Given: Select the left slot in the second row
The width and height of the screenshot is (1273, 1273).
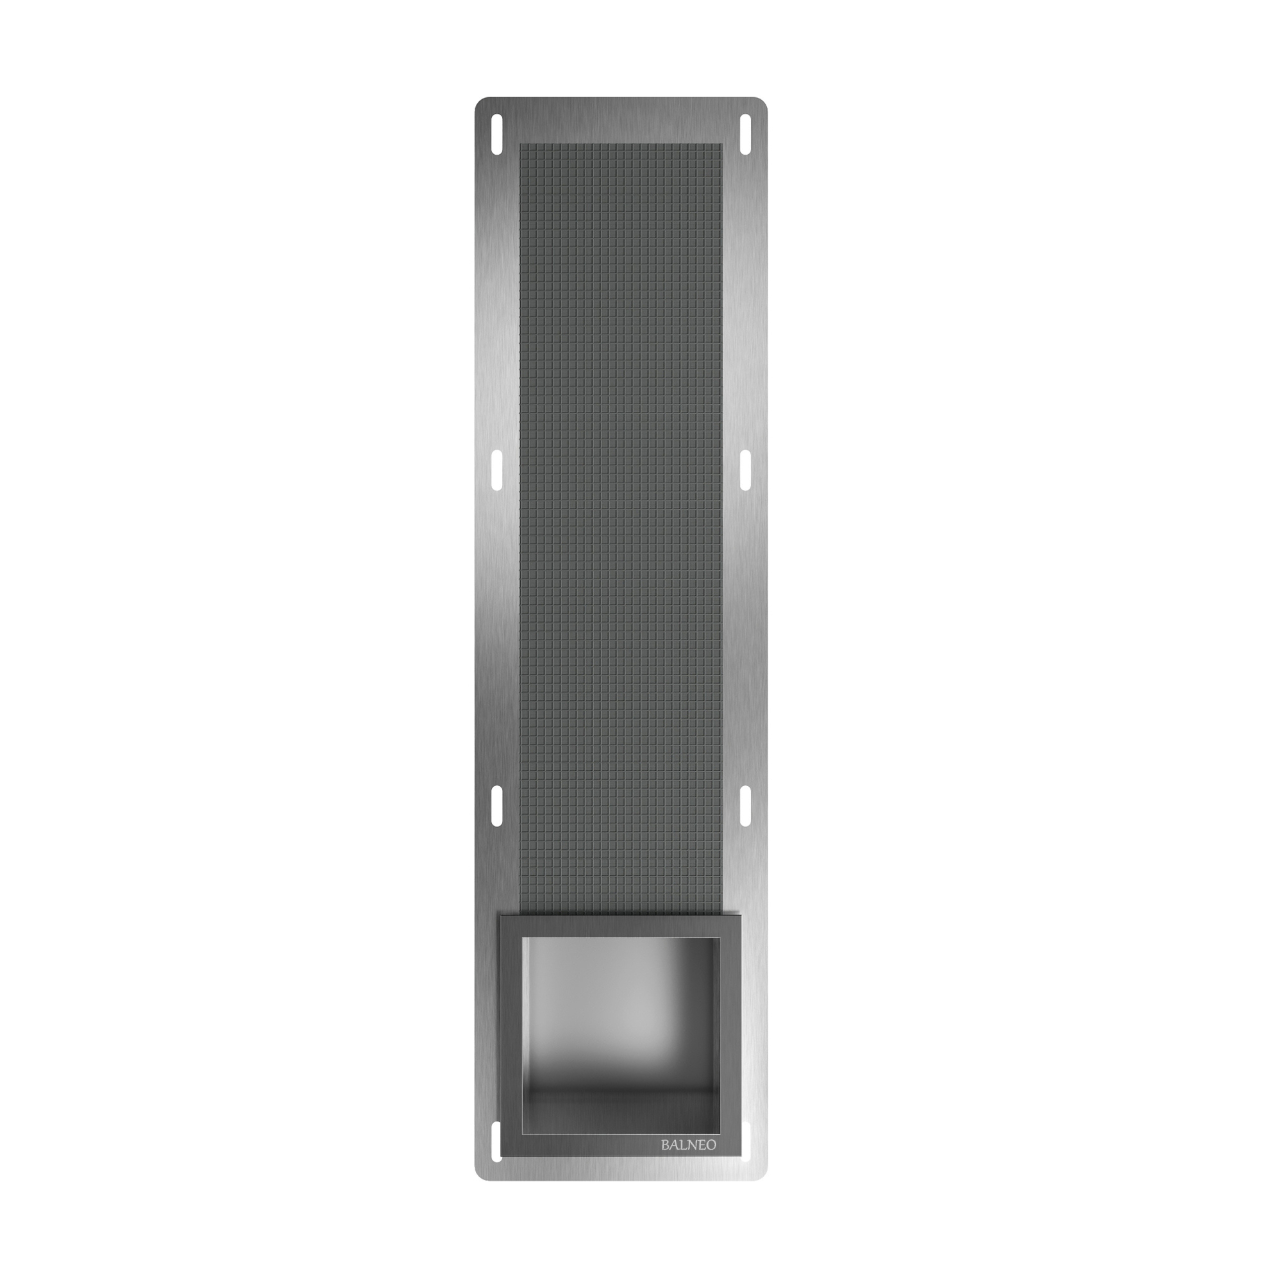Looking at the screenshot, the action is (497, 470).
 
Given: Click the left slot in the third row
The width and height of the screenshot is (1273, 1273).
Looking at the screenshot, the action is (497, 805).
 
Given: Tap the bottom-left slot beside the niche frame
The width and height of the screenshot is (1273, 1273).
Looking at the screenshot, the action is (497, 1141).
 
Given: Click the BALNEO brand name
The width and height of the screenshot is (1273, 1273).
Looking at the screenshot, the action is (689, 1145).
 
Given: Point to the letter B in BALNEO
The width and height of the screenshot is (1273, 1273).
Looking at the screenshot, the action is (665, 1145).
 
